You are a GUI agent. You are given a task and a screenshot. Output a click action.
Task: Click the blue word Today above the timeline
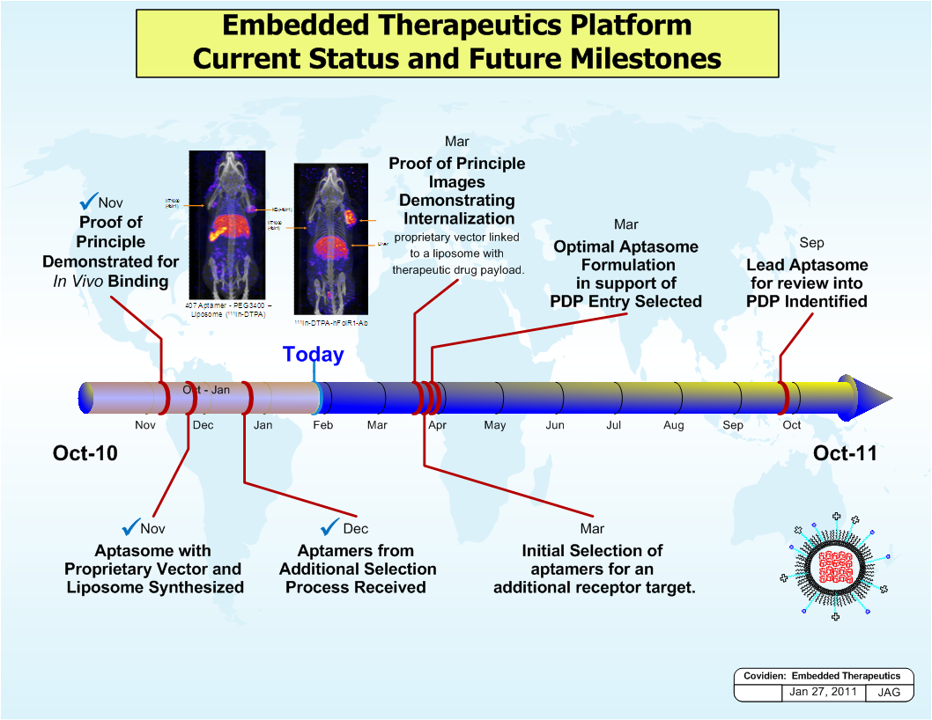point(313,354)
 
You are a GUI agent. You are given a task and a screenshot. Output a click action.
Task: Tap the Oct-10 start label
point(85,453)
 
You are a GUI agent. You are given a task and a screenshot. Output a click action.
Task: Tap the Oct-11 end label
point(845,453)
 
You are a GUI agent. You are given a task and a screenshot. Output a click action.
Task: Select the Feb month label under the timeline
point(322,425)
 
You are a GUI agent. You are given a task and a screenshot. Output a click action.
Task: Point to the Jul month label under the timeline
point(614,425)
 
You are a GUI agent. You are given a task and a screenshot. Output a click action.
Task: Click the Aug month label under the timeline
point(673,425)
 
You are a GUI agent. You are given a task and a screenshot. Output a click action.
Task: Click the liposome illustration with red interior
point(834,568)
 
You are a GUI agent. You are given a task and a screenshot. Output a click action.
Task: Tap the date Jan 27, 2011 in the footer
point(823,692)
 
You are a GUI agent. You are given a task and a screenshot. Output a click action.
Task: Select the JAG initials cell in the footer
point(889,693)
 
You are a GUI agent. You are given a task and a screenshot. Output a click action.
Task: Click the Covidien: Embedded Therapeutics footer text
point(822,676)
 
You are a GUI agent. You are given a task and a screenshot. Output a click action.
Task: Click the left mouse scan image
point(228,225)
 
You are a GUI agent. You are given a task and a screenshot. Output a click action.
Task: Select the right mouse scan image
point(330,239)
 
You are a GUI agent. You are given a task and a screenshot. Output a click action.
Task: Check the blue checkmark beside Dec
point(330,527)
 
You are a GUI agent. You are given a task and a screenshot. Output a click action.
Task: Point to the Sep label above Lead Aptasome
point(811,243)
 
